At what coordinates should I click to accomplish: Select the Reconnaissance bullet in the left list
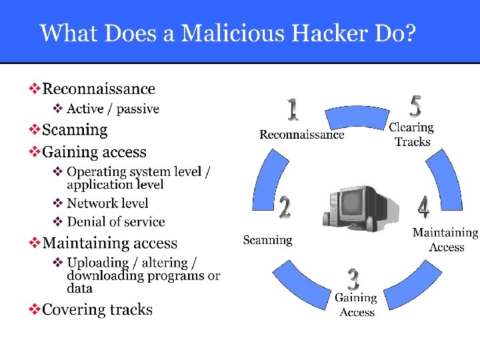98,89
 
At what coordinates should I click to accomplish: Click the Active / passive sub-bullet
113,109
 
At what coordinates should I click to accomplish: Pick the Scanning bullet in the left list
75,129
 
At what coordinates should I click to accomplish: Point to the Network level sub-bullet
107,203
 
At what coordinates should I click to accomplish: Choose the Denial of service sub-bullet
116,222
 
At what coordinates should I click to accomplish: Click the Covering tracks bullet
97,309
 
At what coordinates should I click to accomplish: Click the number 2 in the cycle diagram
285,207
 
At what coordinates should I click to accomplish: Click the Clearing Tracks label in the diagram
411,134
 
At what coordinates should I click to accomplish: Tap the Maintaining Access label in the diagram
445,240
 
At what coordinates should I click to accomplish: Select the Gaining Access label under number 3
356,305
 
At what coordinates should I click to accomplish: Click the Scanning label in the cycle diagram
267,240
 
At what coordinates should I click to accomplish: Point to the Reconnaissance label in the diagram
301,135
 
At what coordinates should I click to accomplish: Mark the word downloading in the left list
107,276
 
